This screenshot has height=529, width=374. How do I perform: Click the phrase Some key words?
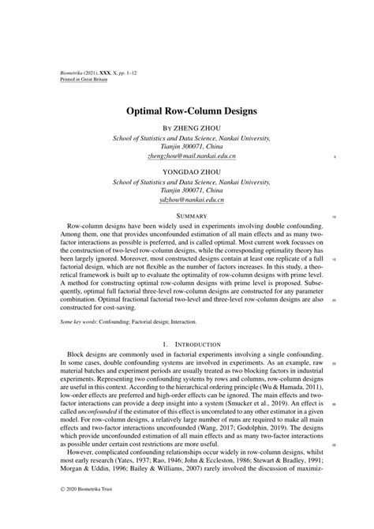[x=80, y=322]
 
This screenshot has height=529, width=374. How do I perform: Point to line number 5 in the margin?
[x=335, y=156]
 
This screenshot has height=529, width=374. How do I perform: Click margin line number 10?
[x=334, y=216]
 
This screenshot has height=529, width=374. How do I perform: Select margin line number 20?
[x=334, y=300]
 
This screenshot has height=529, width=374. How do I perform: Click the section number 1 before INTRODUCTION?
[x=163, y=344]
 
